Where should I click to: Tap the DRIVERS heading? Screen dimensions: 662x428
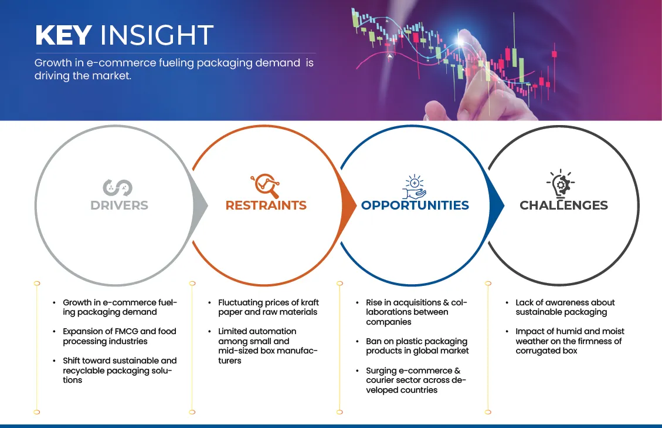119,205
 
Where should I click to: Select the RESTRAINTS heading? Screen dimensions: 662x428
266,205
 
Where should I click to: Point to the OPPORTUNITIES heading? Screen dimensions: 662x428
415,205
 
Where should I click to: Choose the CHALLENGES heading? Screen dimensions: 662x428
563,205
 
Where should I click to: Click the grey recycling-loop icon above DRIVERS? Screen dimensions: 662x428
118,187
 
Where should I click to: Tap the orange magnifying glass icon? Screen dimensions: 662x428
265,186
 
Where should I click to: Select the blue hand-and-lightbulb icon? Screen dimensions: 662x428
414,187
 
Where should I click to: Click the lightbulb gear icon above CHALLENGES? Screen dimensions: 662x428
561,184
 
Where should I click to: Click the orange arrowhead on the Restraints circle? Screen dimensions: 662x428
349,205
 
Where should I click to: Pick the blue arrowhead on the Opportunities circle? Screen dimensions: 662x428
497,205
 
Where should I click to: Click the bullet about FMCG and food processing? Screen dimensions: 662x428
120,336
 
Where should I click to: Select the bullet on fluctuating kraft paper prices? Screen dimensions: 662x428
269,307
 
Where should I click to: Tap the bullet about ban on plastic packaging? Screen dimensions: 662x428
417,346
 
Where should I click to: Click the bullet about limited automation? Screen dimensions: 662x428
267,346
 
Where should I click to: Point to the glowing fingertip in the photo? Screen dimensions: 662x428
461,40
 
